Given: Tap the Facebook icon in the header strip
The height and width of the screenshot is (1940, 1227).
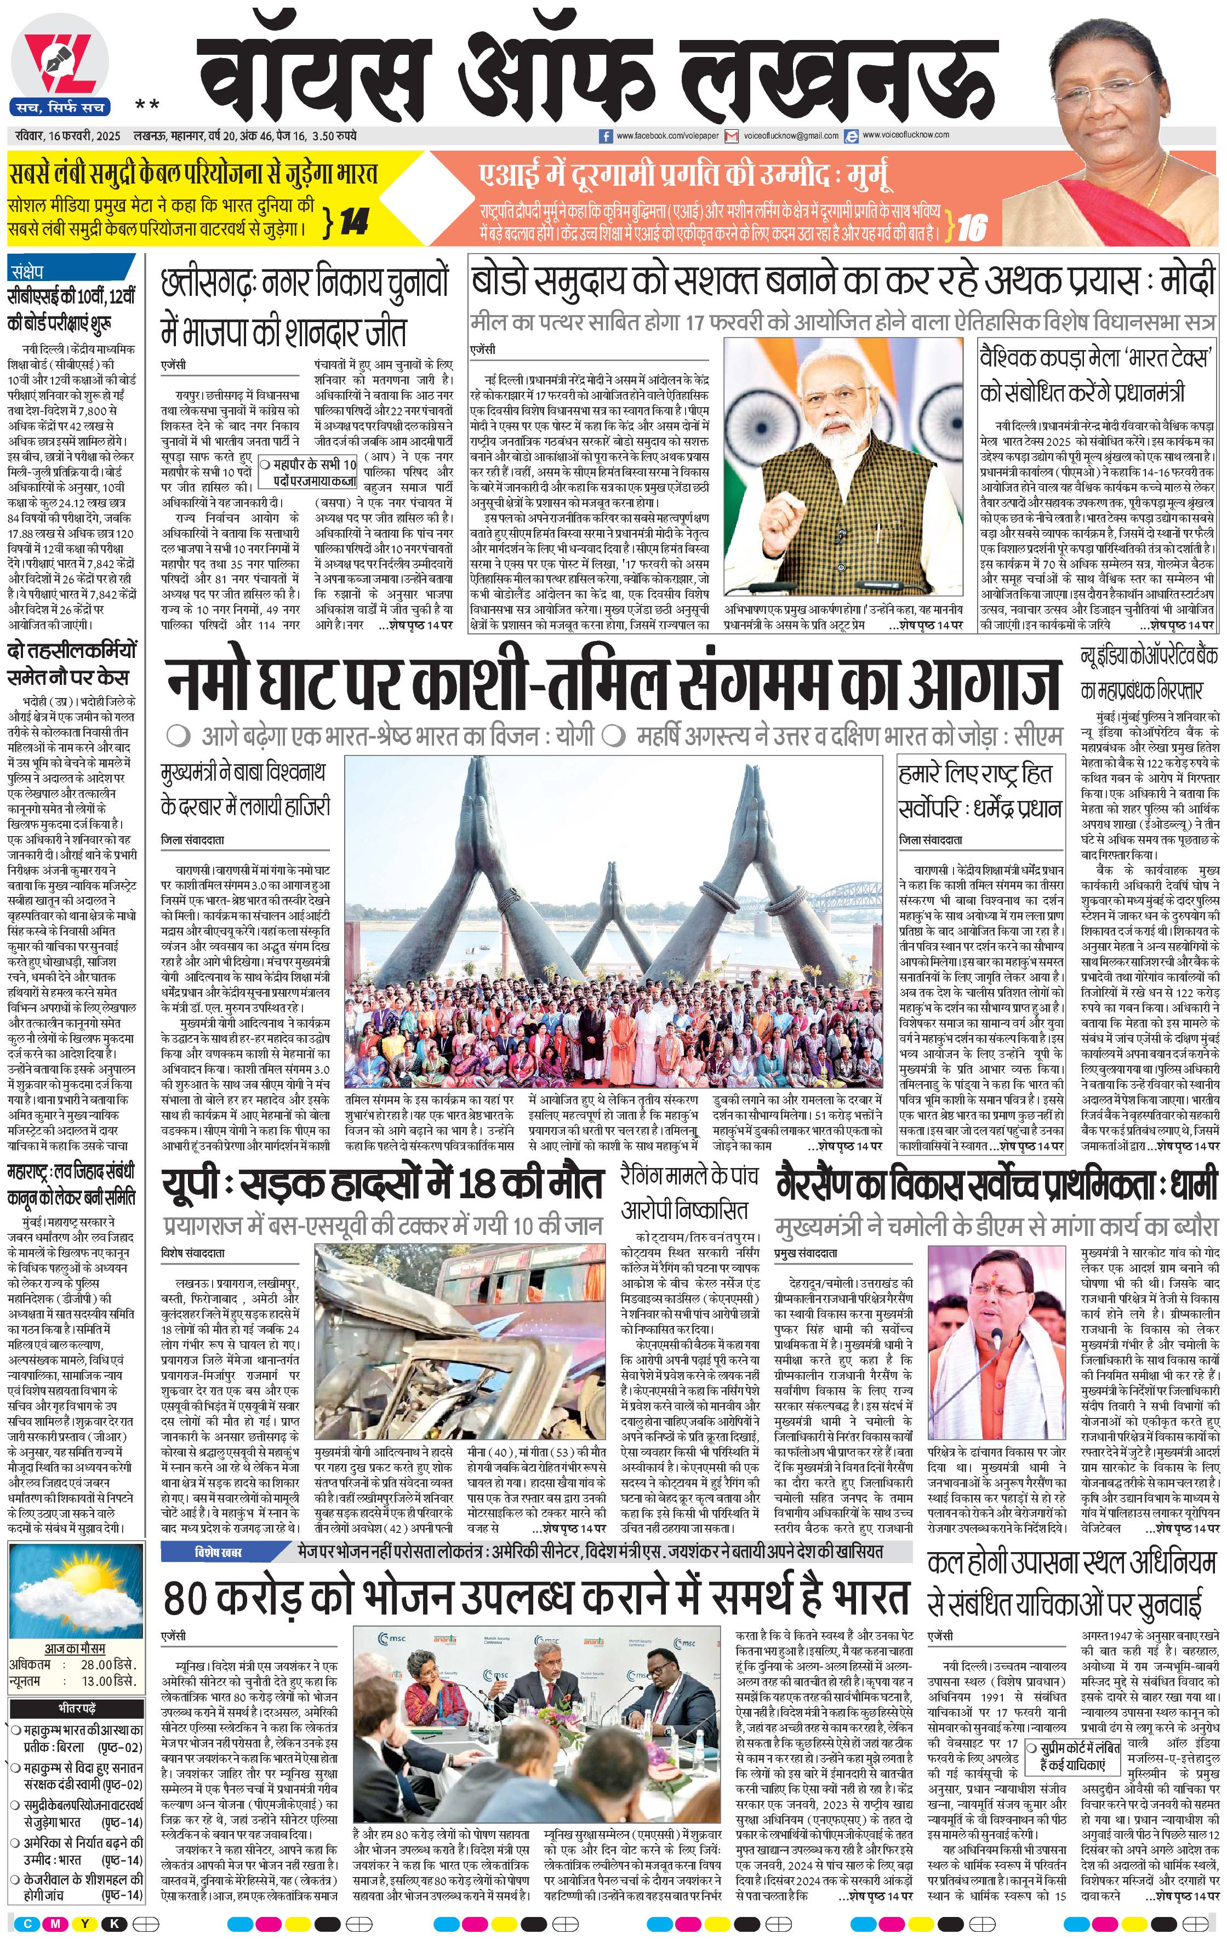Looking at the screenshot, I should click(606, 137).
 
